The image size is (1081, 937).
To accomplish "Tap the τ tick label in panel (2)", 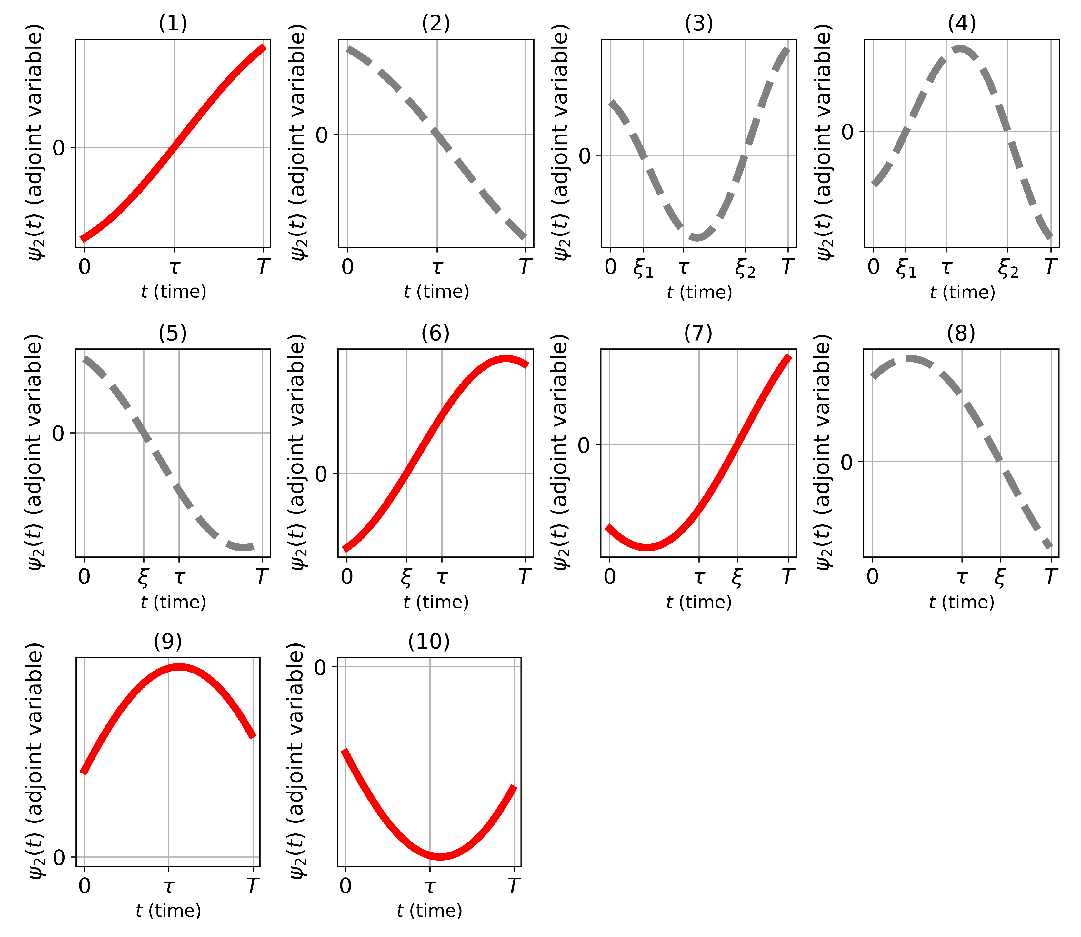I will pos(437,267).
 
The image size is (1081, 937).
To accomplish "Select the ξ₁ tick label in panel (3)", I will pos(643,269).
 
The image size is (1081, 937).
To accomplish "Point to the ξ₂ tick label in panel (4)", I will pos(1008,269).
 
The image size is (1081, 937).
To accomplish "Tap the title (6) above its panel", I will pos(435,333).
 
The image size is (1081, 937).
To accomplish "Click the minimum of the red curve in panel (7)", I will pos(647,547).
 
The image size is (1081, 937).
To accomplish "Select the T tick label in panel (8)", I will pos(1051,577).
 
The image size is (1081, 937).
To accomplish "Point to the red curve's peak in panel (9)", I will pos(179,667).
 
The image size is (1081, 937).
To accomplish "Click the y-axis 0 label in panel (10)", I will pos(320,668).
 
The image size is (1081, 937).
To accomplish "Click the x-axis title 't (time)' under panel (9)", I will pos(168,912).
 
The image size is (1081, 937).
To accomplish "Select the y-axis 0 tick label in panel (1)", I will pos(59,148).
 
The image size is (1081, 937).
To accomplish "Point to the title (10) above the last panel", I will pos(429,642).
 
